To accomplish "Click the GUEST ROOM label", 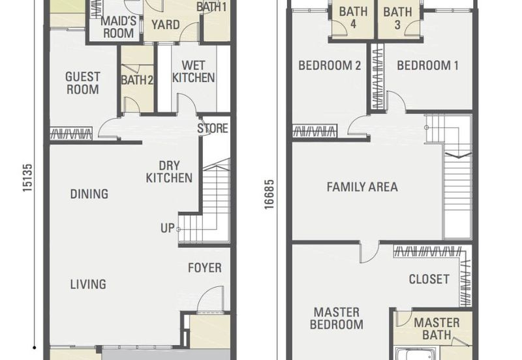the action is pos(83,83).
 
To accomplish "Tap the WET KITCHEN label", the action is pos(193,72).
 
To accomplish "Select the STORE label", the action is pos(213,128).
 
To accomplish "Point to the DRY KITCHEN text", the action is pos(169,172).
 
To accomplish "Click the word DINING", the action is pos(89,194).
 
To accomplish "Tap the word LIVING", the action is pos(88,284).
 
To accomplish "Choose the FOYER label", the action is pos(205,268).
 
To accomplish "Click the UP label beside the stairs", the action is pos(168,228).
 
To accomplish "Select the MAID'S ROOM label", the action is pos(119,27).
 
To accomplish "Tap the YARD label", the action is pos(166,25).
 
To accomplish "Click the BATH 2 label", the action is pos(137,80).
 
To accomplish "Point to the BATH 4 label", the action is pos(353,18).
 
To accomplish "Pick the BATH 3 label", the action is pos(397,18).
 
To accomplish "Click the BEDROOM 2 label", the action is pos(330,66).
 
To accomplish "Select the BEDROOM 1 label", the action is pos(428,66).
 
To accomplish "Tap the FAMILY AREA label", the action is pos(362,187).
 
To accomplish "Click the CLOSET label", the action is pos(429,279).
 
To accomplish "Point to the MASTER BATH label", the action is pos(437,329).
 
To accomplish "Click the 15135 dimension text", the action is pos(27,177).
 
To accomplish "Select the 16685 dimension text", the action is pos(269,194).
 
